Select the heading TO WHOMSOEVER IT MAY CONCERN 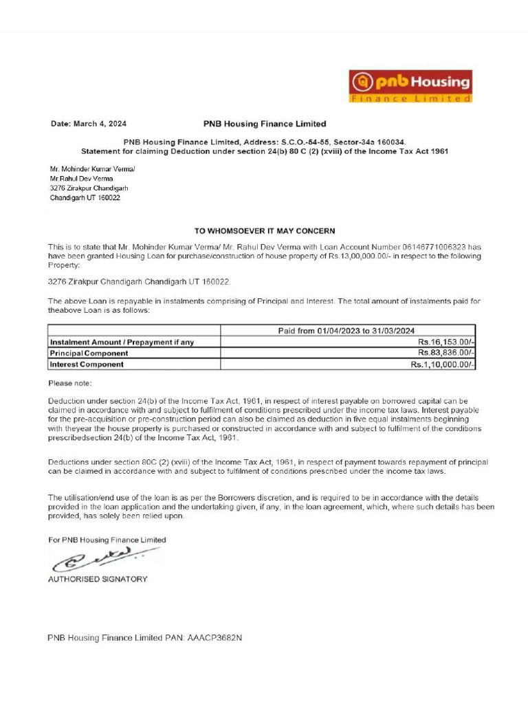[x=265, y=231]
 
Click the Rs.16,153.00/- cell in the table [x=445, y=342]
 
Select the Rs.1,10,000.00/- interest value [x=443, y=364]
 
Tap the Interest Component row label [x=86, y=364]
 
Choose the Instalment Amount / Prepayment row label [x=122, y=342]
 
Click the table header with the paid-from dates [x=346, y=331]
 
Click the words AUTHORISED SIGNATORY [x=98, y=579]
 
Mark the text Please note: [x=70, y=383]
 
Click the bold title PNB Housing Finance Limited [x=265, y=124]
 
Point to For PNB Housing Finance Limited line [x=107, y=540]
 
